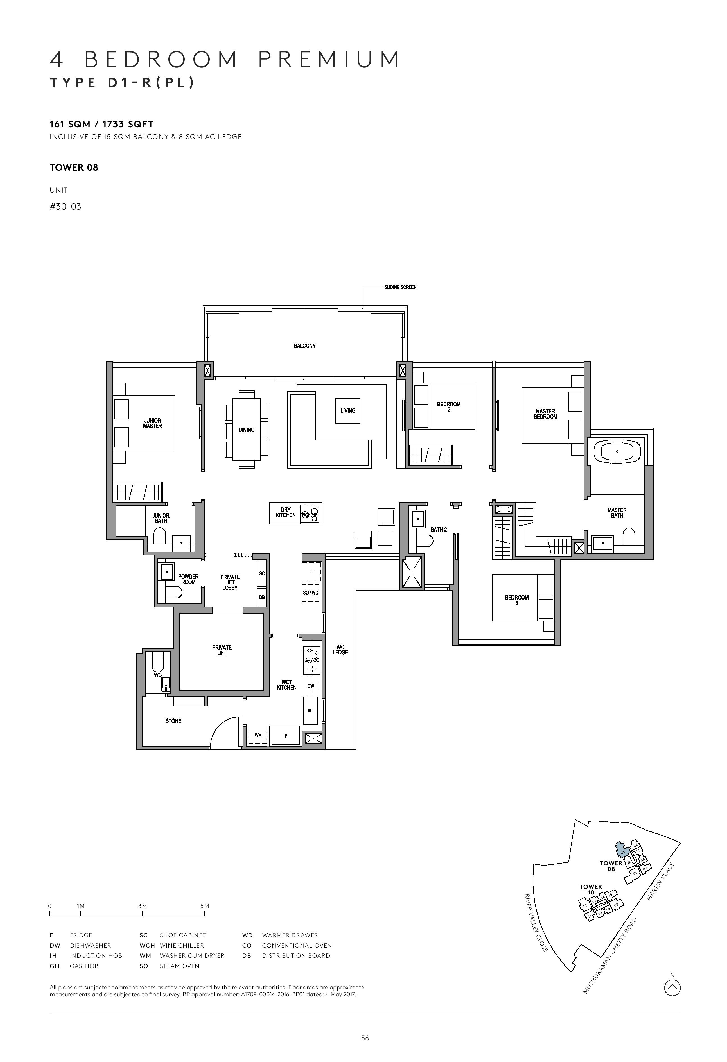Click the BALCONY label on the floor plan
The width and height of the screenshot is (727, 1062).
(305, 346)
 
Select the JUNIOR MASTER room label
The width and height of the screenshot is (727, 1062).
(153, 423)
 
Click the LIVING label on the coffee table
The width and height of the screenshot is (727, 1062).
(348, 411)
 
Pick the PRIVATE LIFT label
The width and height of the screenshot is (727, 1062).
(222, 650)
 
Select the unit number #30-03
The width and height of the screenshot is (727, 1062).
(65, 207)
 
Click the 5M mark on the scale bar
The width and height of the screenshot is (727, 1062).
(204, 906)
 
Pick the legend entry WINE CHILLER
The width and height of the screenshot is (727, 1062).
(182, 945)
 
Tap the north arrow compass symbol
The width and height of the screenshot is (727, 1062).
(672, 988)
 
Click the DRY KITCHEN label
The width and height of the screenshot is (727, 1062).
(286, 512)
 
